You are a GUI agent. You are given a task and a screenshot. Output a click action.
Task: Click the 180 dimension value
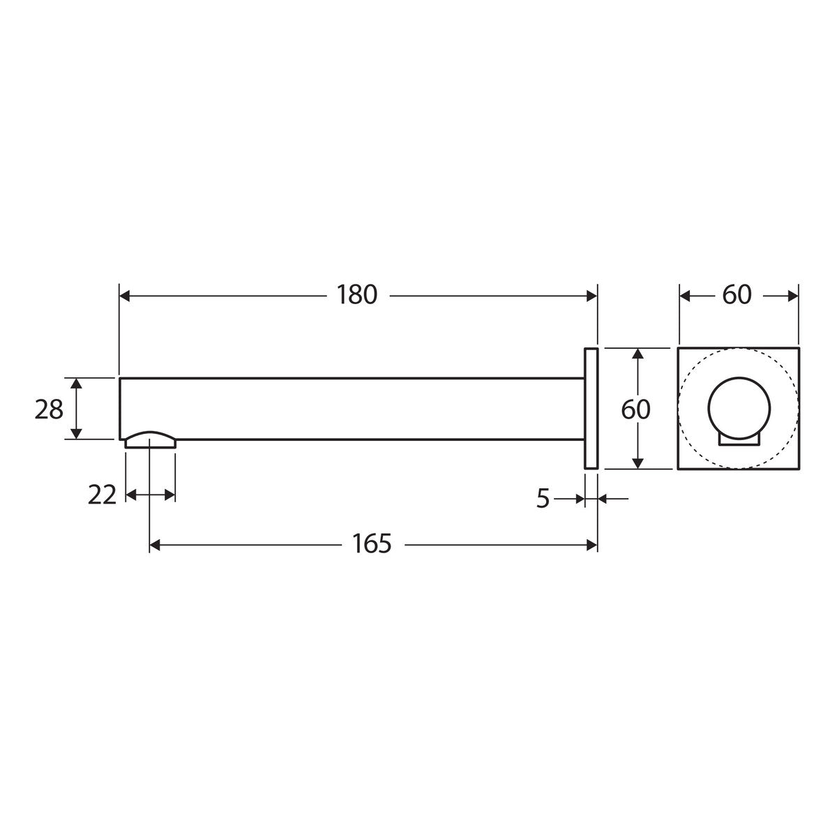pos(357,295)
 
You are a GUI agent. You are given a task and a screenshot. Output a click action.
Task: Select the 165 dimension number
pos(372,543)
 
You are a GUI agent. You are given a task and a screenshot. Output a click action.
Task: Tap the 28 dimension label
pos(49,409)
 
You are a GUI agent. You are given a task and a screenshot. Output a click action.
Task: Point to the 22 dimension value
pos(102,495)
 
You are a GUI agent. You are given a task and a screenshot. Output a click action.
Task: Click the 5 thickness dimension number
pos(543,498)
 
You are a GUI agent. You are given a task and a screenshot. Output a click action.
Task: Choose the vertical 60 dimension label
pos(635,409)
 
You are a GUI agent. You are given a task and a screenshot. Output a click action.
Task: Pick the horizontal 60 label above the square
pos(737,295)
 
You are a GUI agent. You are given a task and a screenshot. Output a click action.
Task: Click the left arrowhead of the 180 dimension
pos(125,296)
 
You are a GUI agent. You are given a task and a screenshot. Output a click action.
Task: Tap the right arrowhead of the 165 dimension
pos(591,545)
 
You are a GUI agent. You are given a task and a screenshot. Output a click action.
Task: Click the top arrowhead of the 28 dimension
pos(76,384)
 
